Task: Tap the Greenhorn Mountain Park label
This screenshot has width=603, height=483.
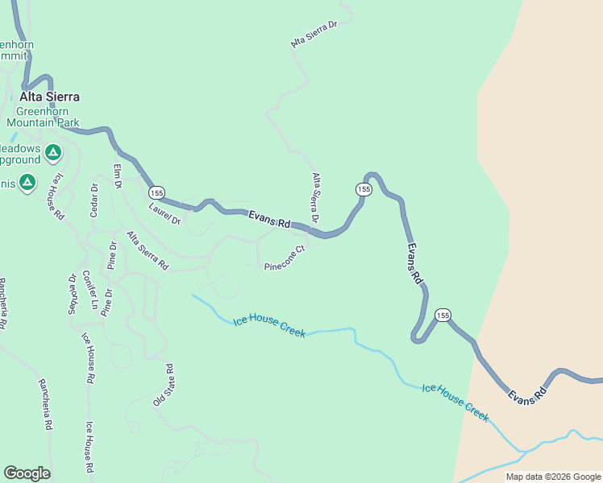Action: [44, 118]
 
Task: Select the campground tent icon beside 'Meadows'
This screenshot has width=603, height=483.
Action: [52, 151]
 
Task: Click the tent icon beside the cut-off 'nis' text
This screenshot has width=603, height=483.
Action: [27, 184]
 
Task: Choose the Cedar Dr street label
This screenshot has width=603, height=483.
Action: [94, 201]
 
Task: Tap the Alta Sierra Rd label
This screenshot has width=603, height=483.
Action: [147, 250]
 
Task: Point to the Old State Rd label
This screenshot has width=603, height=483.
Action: [164, 386]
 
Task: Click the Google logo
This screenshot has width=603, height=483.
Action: [27, 473]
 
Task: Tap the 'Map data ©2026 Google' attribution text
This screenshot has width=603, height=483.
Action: [553, 477]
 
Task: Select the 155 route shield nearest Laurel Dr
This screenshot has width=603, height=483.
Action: [156, 193]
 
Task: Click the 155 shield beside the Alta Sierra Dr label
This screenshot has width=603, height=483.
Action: [364, 189]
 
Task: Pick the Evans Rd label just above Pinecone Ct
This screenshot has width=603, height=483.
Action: [269, 219]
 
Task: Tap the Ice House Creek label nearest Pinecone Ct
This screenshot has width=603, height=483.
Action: [269, 325]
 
